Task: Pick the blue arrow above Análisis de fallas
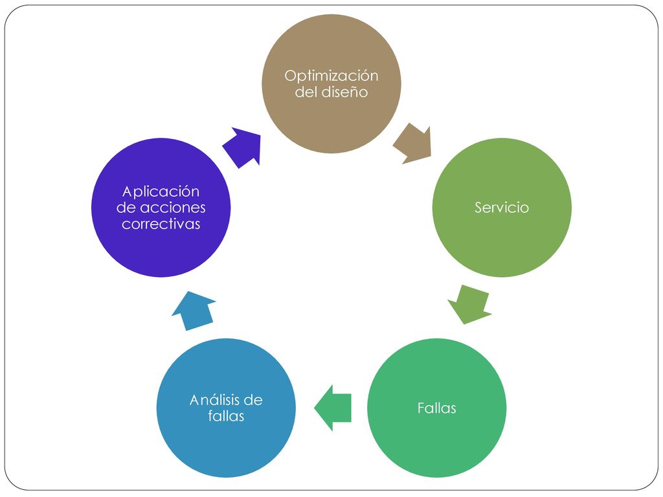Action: [x=194, y=311]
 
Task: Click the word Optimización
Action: [x=331, y=76]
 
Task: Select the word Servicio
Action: [x=502, y=208]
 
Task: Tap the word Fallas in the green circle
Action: [x=437, y=408]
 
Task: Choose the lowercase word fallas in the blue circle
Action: [x=226, y=416]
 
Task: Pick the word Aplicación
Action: [x=161, y=192]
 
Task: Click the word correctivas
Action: [x=161, y=223]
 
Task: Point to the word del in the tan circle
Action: [x=305, y=92]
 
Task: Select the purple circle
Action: [x=161, y=208]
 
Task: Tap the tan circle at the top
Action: [x=331, y=83]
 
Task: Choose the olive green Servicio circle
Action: [x=502, y=208]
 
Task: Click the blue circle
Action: [x=226, y=408]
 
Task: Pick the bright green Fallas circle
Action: [x=437, y=408]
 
